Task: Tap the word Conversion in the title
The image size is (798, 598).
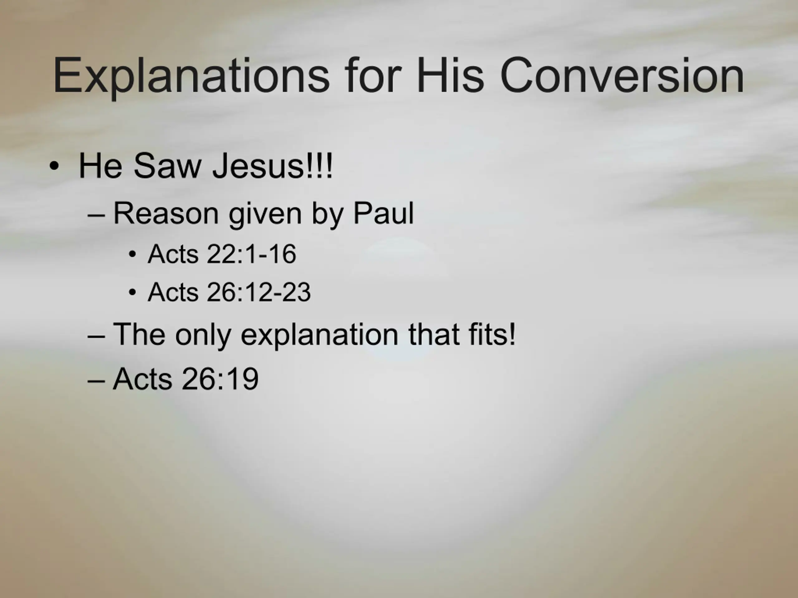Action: pos(622,75)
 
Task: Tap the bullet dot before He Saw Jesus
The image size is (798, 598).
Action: pos(54,167)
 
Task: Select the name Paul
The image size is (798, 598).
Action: pos(383,213)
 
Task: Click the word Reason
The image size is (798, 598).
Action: pos(166,213)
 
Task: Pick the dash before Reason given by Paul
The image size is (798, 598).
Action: pos(96,216)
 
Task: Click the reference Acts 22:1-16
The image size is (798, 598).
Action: pos(222,254)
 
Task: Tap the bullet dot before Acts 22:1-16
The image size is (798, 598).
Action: pos(132,254)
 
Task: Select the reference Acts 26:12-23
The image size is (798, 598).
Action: pos(229,292)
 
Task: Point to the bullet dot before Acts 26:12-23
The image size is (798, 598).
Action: pos(132,292)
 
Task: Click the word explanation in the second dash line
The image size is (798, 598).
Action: pos(319,335)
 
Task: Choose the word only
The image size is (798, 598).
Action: pos(203,335)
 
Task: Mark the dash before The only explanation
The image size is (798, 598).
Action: pos(96,337)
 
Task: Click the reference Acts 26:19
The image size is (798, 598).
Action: pos(186,378)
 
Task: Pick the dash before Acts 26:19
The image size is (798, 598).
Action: pos(96,381)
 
